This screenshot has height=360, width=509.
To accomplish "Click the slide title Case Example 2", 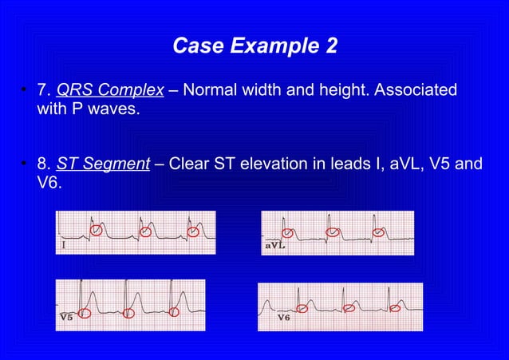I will point(254,47).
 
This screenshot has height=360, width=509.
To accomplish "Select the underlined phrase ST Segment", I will point(103,164).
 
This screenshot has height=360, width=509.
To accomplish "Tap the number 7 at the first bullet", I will point(41,90).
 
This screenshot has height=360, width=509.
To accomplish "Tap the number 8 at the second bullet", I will point(41,164).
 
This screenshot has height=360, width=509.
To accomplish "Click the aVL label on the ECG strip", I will point(275,246).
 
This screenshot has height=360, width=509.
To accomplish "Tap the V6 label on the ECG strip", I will point(283,317).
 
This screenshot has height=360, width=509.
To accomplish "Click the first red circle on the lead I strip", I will point(96,230).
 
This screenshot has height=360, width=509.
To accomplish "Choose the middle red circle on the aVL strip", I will point(333,232).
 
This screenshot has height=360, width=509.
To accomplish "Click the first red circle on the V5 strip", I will point(85,314).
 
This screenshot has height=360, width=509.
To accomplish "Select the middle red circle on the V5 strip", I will point(129,314).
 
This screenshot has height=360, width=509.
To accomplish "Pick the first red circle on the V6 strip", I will point(302,308).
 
